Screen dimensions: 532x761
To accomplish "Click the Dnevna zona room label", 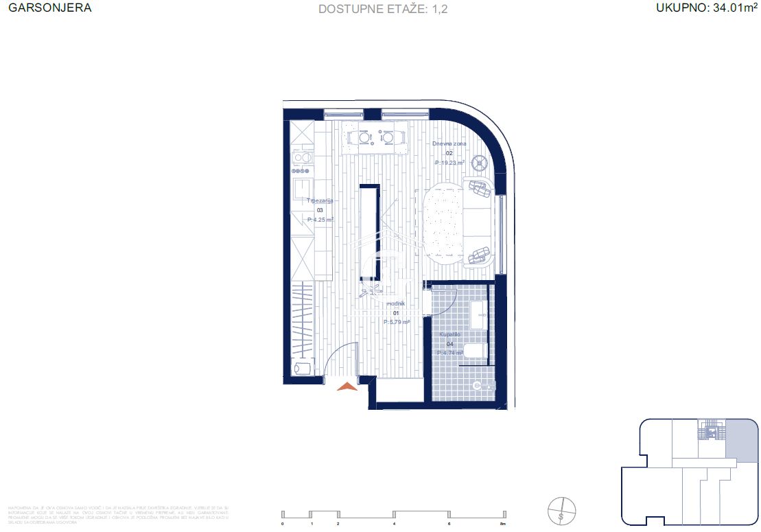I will pyautogui.click(x=449, y=144).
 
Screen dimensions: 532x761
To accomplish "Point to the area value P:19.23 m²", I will pyautogui.click(x=449, y=163).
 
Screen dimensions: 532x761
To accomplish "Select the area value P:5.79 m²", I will pyautogui.click(x=396, y=321).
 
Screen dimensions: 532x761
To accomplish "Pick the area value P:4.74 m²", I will pyautogui.click(x=450, y=353).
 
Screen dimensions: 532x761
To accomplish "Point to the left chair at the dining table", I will pyautogui.click(x=363, y=138).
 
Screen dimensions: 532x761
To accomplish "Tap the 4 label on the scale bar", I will pyautogui.click(x=394, y=524).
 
